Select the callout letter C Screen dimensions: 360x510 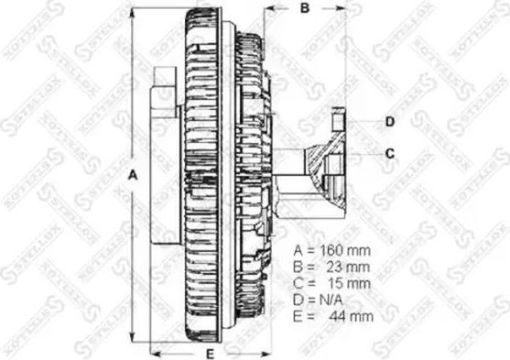[x=388, y=153]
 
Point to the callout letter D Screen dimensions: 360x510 [x=388, y=121]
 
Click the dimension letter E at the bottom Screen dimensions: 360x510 [x=209, y=352]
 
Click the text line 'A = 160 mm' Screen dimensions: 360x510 [x=333, y=250]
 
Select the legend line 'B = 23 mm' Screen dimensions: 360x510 [x=333, y=267]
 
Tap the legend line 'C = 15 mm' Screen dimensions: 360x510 [x=333, y=284]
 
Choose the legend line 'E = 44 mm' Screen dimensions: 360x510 [x=333, y=318]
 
